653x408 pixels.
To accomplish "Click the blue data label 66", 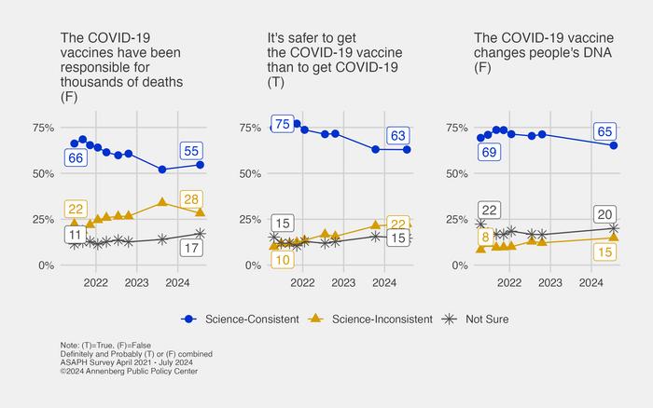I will tap(76, 158).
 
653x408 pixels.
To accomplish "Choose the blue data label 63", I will tap(399, 136).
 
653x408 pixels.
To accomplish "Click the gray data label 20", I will tap(604, 214).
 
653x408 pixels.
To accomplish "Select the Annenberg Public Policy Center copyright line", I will tap(129, 372).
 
